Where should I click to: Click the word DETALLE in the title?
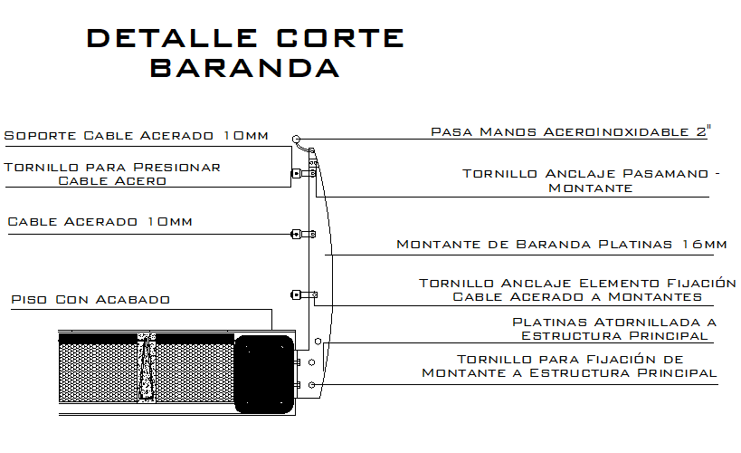172,38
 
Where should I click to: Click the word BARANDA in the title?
245,68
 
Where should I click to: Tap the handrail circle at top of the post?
296,140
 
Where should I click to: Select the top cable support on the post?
303,174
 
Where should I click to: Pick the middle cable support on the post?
303,234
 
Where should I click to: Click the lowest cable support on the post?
304,294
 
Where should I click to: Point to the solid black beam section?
264,374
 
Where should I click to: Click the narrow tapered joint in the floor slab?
147,368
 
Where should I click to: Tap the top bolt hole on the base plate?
318,342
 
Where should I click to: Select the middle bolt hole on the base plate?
311,362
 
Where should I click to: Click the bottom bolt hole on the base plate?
311,385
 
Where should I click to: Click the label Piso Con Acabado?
90,300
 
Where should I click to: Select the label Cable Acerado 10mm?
100,222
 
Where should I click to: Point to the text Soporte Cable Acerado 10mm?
136,135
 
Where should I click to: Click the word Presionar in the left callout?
176,167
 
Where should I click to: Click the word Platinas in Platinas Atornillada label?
551,323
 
